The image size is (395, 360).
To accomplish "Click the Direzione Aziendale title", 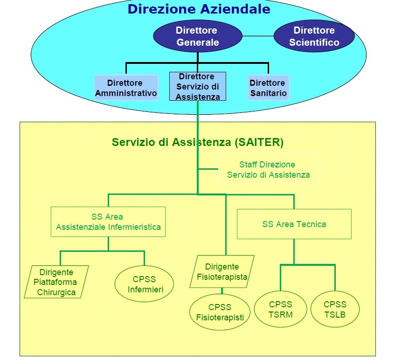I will tap(199, 9).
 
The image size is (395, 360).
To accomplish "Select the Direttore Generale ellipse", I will tap(197, 36).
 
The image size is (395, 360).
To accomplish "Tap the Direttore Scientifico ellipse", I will tap(314, 36).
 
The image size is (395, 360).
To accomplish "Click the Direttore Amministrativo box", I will tap(125, 88).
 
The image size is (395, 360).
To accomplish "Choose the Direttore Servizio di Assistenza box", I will tap(197, 86).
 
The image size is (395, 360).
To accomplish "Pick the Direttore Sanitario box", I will tap(267, 88).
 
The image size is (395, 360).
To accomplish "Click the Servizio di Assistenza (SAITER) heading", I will tap(197, 142).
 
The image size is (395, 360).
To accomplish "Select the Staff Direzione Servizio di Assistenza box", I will tap(268, 170).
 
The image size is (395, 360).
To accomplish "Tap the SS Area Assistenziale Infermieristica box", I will tap(108, 222).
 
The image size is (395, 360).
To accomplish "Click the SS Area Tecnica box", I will tap(294, 224).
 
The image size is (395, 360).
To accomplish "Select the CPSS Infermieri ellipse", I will tap(144, 284).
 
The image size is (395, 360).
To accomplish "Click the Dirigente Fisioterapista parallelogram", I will tap(222, 272).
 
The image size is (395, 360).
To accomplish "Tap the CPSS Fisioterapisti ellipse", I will tap(220, 312).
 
